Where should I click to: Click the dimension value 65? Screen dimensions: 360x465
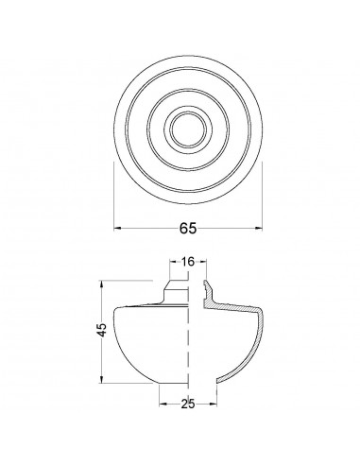click(188, 228)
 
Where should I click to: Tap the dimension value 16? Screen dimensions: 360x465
click(188, 261)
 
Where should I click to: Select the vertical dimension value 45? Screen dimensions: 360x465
click(102, 330)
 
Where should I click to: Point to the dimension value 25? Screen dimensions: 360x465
click(188, 404)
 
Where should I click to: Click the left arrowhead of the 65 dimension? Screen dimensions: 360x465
click(117, 228)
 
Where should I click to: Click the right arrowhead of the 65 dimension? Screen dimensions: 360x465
click(259, 228)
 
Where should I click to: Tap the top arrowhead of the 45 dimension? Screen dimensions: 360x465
click(101, 284)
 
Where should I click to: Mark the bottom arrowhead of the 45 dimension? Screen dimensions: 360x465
click(101, 379)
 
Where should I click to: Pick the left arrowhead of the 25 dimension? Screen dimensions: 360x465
click(163, 404)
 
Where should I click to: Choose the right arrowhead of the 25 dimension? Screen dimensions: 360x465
click(214, 404)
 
